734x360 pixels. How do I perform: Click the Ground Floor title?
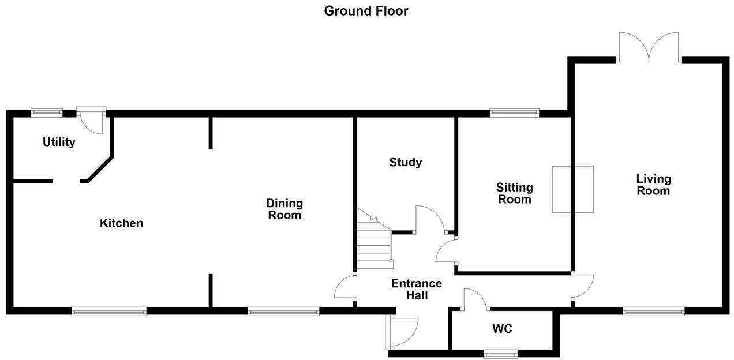pyautogui.click(x=366, y=10)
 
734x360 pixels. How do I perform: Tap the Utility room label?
pyautogui.click(x=59, y=142)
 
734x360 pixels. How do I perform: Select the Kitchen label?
pyautogui.click(x=121, y=223)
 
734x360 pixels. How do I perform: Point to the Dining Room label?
pyautogui.click(x=284, y=209)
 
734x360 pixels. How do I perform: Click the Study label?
pyautogui.click(x=405, y=162)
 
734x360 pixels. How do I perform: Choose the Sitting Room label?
pyautogui.click(x=515, y=193)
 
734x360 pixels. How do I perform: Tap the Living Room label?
pyautogui.click(x=653, y=185)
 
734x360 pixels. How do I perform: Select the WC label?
pyautogui.click(x=502, y=329)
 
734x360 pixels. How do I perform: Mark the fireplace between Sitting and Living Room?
pyautogui.click(x=572, y=189)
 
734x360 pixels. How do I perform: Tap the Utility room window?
pyautogui.click(x=47, y=113)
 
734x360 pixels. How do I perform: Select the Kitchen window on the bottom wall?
pyautogui.click(x=109, y=311)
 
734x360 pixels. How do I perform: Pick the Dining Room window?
pyautogui.click(x=283, y=311)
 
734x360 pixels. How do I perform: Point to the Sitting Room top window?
pyautogui.click(x=514, y=113)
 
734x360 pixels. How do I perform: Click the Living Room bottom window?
pyautogui.click(x=653, y=311)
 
